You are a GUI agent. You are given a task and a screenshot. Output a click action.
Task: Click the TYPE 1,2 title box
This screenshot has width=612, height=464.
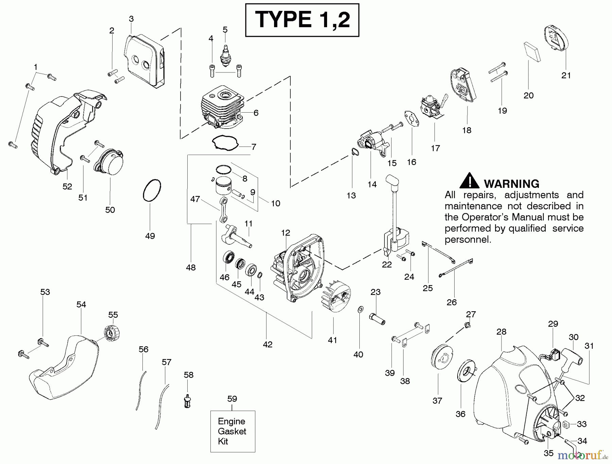302,20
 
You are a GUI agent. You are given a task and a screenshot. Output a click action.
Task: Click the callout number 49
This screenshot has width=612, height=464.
150,236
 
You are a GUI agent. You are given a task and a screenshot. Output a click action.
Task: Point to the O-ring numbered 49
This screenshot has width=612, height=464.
152,190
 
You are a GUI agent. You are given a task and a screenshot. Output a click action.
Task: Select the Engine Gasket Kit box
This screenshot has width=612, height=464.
233,431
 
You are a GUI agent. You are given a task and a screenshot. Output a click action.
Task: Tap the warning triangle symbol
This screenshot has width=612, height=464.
470,181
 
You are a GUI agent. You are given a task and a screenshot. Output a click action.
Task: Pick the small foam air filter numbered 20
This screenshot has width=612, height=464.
532,52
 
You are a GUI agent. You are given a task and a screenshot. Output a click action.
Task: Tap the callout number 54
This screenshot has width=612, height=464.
81,305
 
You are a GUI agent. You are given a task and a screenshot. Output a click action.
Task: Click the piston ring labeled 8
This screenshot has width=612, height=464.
224,169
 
